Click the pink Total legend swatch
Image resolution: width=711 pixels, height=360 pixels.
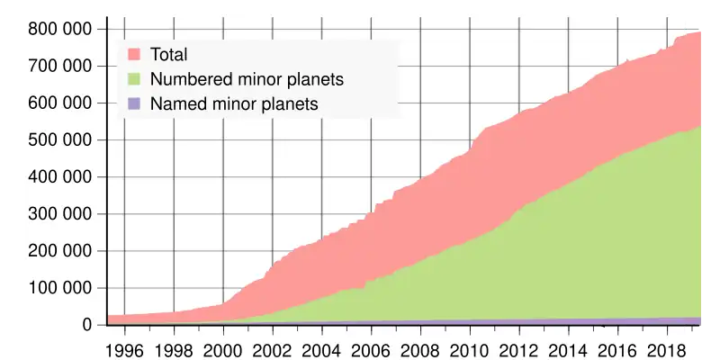tap(134, 54)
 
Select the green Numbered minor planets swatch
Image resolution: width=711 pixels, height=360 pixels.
tap(134, 79)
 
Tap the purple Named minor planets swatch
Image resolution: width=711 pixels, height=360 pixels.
tap(134, 104)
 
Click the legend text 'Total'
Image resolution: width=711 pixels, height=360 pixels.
tap(169, 54)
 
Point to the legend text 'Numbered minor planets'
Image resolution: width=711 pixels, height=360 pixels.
tap(247, 79)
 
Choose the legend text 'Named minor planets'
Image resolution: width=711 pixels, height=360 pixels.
tap(234, 104)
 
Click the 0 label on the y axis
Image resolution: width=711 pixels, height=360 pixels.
tap(88, 325)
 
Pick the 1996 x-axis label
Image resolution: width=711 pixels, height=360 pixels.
tap(125, 347)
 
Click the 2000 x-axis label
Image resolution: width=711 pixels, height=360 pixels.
tap(223, 347)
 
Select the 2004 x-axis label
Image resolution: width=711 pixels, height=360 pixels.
tap(321, 347)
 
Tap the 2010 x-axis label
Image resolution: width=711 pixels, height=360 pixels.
tap(468, 347)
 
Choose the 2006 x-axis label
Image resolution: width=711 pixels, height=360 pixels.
tap(370, 347)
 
